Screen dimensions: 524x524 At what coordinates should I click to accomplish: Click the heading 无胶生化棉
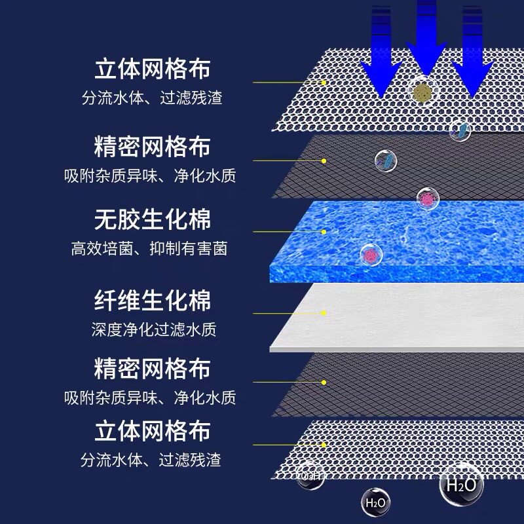(153, 220)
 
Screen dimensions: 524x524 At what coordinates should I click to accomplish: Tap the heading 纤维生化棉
(153, 301)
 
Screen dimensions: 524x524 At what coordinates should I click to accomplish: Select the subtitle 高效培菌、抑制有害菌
(149, 249)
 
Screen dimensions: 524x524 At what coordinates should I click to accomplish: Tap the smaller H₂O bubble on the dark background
(375, 503)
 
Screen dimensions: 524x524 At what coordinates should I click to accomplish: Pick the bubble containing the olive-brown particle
(422, 92)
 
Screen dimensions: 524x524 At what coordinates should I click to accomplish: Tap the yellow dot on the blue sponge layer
(324, 231)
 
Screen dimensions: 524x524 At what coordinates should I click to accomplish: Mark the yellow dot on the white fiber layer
(324, 313)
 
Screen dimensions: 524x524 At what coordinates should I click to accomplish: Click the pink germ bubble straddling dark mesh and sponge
(428, 197)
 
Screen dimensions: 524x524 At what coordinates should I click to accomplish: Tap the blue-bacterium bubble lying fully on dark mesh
(386, 160)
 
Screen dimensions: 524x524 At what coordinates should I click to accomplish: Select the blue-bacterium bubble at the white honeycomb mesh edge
(460, 130)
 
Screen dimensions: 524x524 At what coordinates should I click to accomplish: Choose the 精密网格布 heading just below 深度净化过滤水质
(153, 367)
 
